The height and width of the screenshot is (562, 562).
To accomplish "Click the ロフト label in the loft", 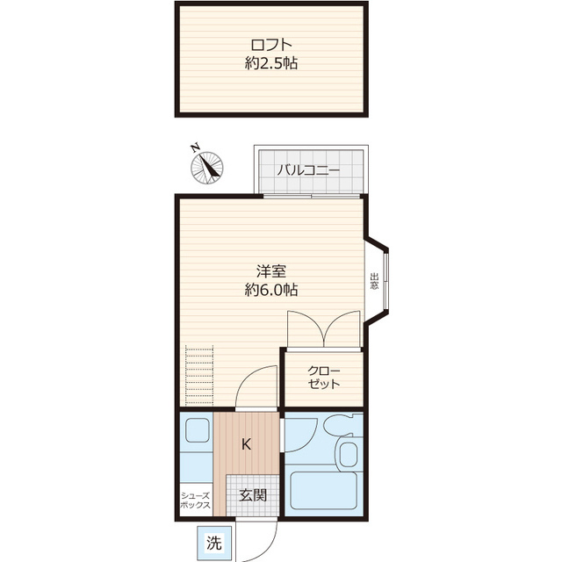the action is [x=271, y=45].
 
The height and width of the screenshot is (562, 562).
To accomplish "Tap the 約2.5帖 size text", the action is [x=271, y=63].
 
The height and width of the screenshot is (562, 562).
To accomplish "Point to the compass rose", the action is [x=207, y=168].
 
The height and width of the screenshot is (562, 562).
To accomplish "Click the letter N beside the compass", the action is [x=195, y=148].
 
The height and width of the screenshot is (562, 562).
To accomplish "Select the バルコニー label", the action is [x=308, y=170].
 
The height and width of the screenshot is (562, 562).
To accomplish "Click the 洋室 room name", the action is [x=271, y=271].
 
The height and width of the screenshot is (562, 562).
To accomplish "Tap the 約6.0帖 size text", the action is [x=271, y=290].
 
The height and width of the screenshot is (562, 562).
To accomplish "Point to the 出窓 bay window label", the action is [x=375, y=282].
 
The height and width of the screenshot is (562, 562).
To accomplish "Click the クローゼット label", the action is [x=324, y=378].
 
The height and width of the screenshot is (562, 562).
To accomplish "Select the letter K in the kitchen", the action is [x=246, y=444].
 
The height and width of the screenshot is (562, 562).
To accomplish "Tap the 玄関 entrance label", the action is [x=253, y=495].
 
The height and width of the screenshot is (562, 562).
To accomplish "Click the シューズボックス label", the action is [x=195, y=501].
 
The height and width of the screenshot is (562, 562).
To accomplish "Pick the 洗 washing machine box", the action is [x=214, y=543].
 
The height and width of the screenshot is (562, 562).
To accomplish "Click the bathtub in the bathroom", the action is [x=324, y=491].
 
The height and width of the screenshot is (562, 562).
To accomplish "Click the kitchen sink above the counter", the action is [x=197, y=430].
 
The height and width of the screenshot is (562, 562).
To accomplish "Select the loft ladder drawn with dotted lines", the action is [x=199, y=375].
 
